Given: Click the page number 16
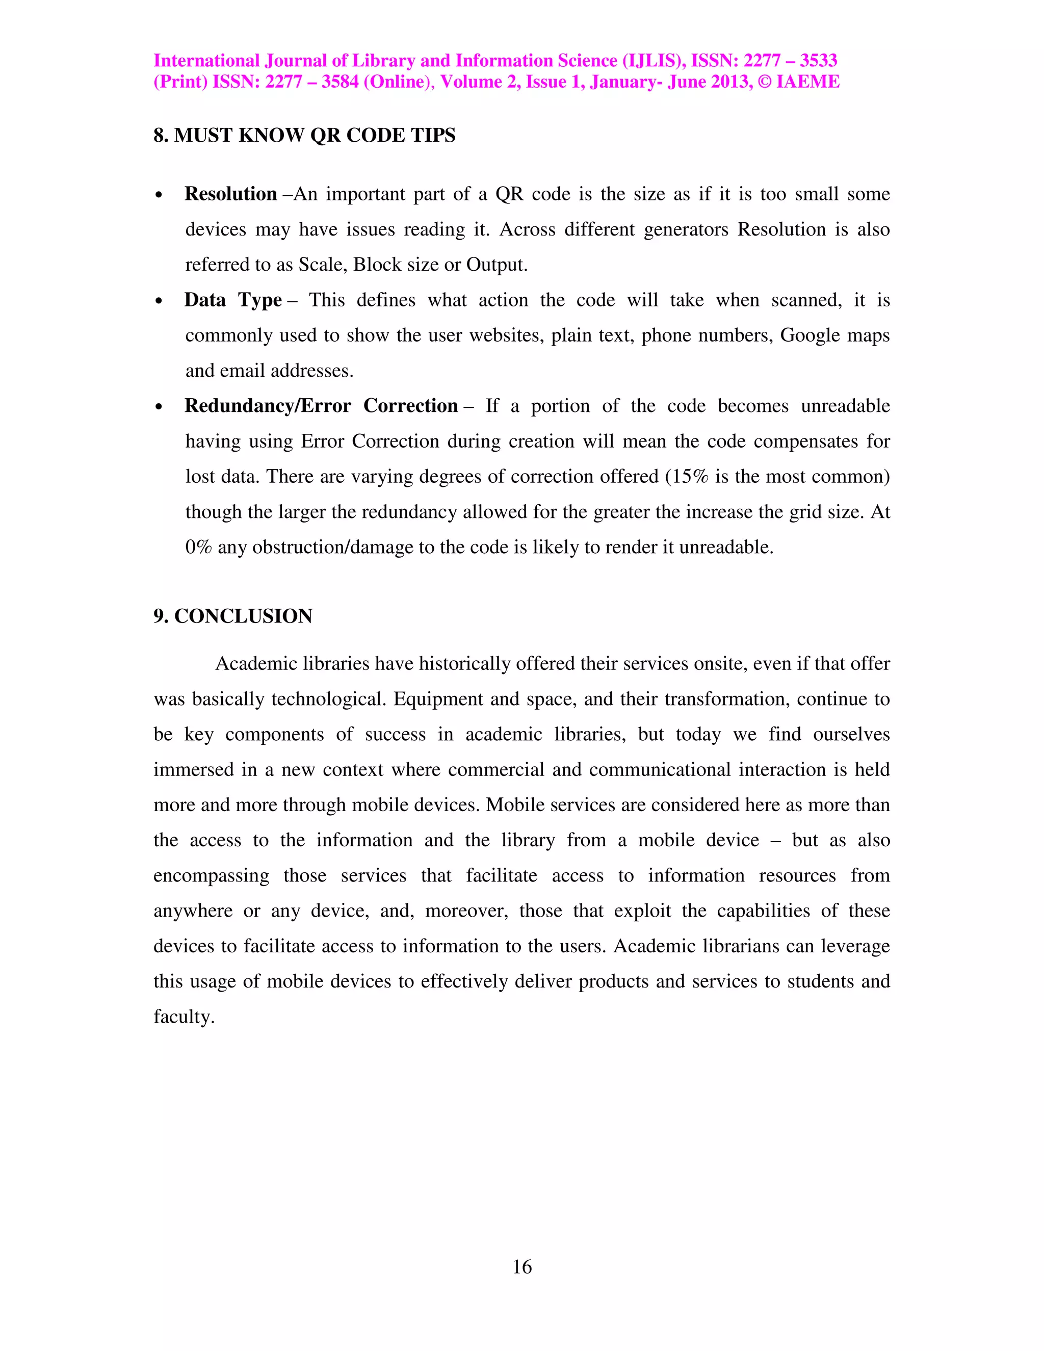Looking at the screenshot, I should tap(522, 1267).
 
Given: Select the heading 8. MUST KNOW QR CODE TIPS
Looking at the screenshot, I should tap(304, 136).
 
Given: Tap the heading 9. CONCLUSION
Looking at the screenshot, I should tap(233, 616).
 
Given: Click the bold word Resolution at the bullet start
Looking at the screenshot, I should tap(231, 194).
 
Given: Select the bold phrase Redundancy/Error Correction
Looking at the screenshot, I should tap(321, 406).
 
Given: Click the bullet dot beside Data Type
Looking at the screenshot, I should tap(160, 301).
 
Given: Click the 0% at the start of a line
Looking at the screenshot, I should tap(198, 548).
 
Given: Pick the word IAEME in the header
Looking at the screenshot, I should tap(808, 82).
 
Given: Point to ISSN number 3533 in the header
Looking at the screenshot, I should tap(818, 61).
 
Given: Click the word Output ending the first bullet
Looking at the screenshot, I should tap(496, 265).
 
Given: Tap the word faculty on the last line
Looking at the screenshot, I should tap(184, 1017).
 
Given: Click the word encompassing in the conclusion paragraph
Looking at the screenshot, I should tap(211, 876).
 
